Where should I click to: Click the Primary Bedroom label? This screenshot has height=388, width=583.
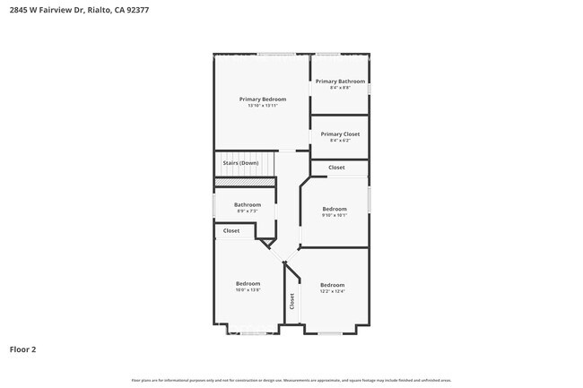(263, 99)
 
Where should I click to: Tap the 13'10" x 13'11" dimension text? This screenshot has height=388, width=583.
(263, 106)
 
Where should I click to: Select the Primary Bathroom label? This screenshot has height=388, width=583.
(339, 82)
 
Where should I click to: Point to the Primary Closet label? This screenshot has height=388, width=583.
(339, 134)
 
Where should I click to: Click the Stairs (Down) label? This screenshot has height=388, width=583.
(240, 163)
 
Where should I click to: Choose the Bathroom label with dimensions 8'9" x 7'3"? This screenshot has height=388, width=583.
(248, 204)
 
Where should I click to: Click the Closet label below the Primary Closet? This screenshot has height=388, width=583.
(336, 168)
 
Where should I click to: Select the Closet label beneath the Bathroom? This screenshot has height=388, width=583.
(231, 230)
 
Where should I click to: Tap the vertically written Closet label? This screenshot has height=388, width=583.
(291, 302)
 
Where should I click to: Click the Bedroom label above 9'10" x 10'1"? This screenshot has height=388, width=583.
(335, 209)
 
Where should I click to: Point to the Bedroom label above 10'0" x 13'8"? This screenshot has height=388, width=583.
(248, 283)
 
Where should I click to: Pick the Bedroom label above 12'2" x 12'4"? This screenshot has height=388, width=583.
(332, 285)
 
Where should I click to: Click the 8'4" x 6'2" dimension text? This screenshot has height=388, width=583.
(339, 140)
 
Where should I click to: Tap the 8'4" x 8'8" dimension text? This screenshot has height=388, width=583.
(339, 88)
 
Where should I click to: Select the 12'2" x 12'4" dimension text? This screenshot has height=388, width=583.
(332, 291)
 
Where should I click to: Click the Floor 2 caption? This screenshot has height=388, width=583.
(23, 349)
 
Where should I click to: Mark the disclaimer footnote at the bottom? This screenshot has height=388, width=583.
(291, 380)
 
